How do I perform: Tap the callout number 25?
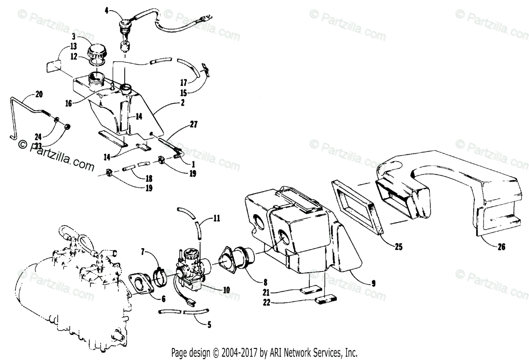point(399,247)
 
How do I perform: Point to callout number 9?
point(373,284)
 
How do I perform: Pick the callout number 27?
point(194,125)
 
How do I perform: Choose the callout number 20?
point(39,93)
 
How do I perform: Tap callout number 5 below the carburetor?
point(209,325)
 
